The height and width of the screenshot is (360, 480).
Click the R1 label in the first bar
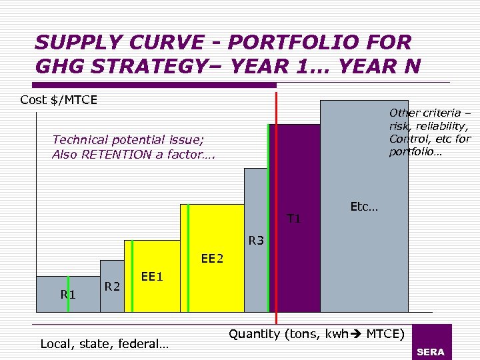coord(68,293)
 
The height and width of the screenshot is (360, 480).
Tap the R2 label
coord(112,287)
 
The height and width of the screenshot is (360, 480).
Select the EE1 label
coord(152,275)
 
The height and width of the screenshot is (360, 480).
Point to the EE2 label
coord(212,258)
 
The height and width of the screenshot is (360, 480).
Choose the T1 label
coord(294,218)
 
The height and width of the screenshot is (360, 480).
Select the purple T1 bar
coord(299,267)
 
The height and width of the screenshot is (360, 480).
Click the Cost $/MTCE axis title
coord(59,100)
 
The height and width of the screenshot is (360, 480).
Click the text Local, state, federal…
coord(105,344)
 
